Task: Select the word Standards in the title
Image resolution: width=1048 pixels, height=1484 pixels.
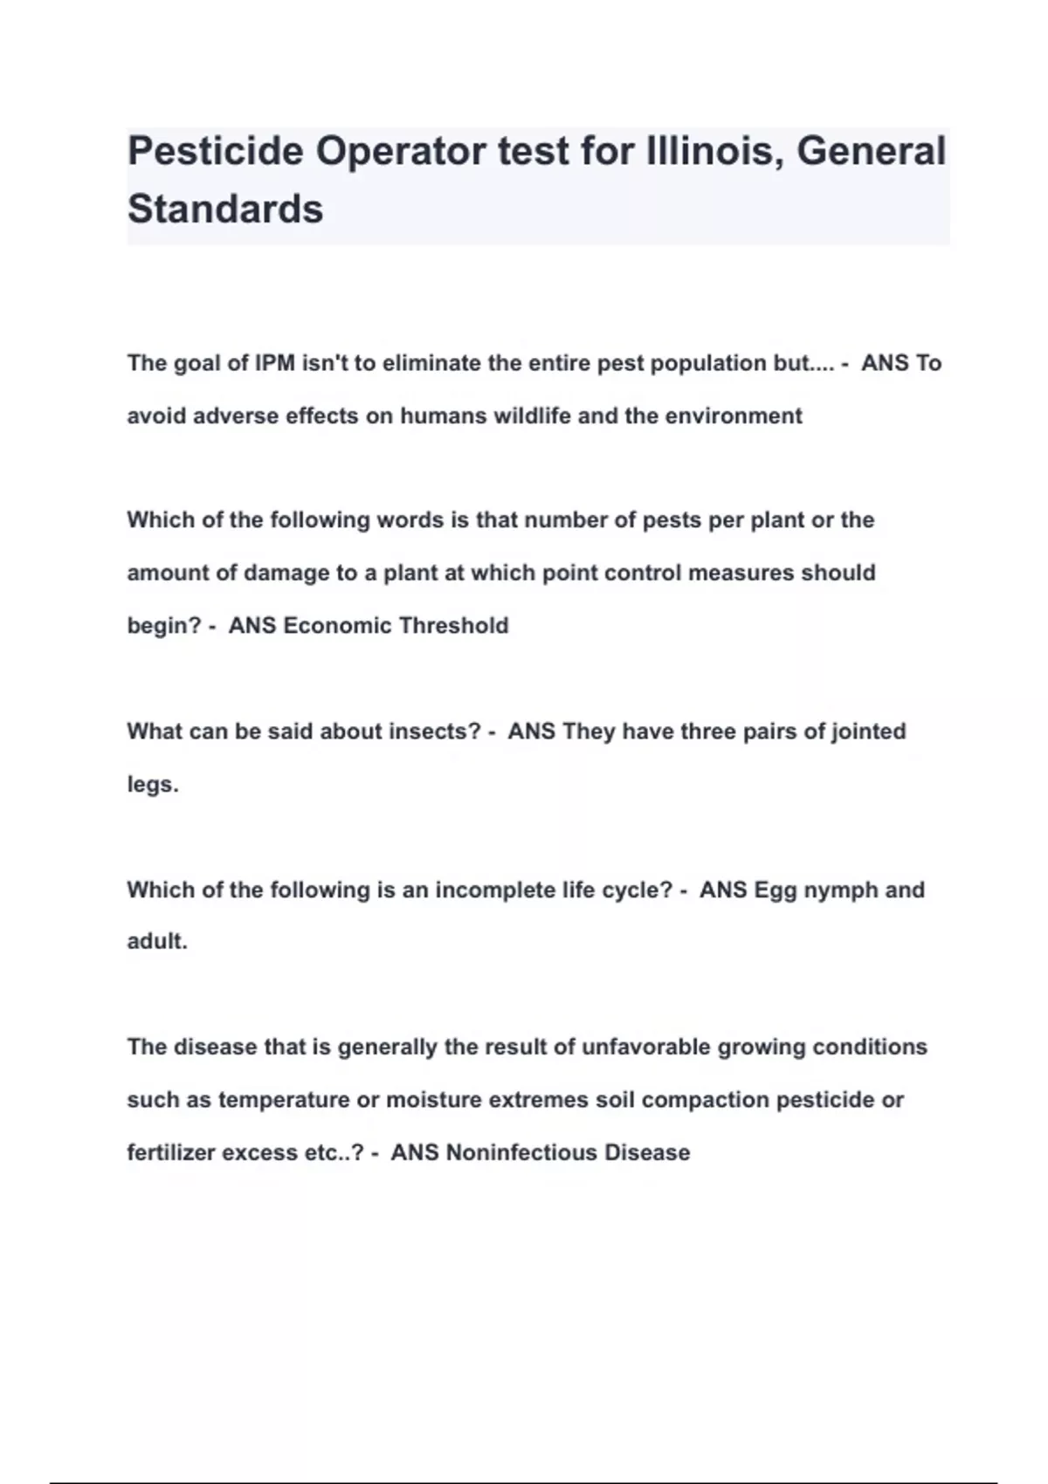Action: [225, 210]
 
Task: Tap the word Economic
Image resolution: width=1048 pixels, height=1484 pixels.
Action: [337, 626]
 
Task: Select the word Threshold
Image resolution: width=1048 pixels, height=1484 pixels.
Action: [453, 626]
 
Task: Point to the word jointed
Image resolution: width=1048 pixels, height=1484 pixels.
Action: [865, 732]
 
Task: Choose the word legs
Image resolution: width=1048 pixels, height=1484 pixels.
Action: [152, 785]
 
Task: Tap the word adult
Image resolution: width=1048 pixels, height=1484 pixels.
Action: [156, 942]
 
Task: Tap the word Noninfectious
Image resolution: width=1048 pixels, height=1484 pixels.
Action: [521, 1153]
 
